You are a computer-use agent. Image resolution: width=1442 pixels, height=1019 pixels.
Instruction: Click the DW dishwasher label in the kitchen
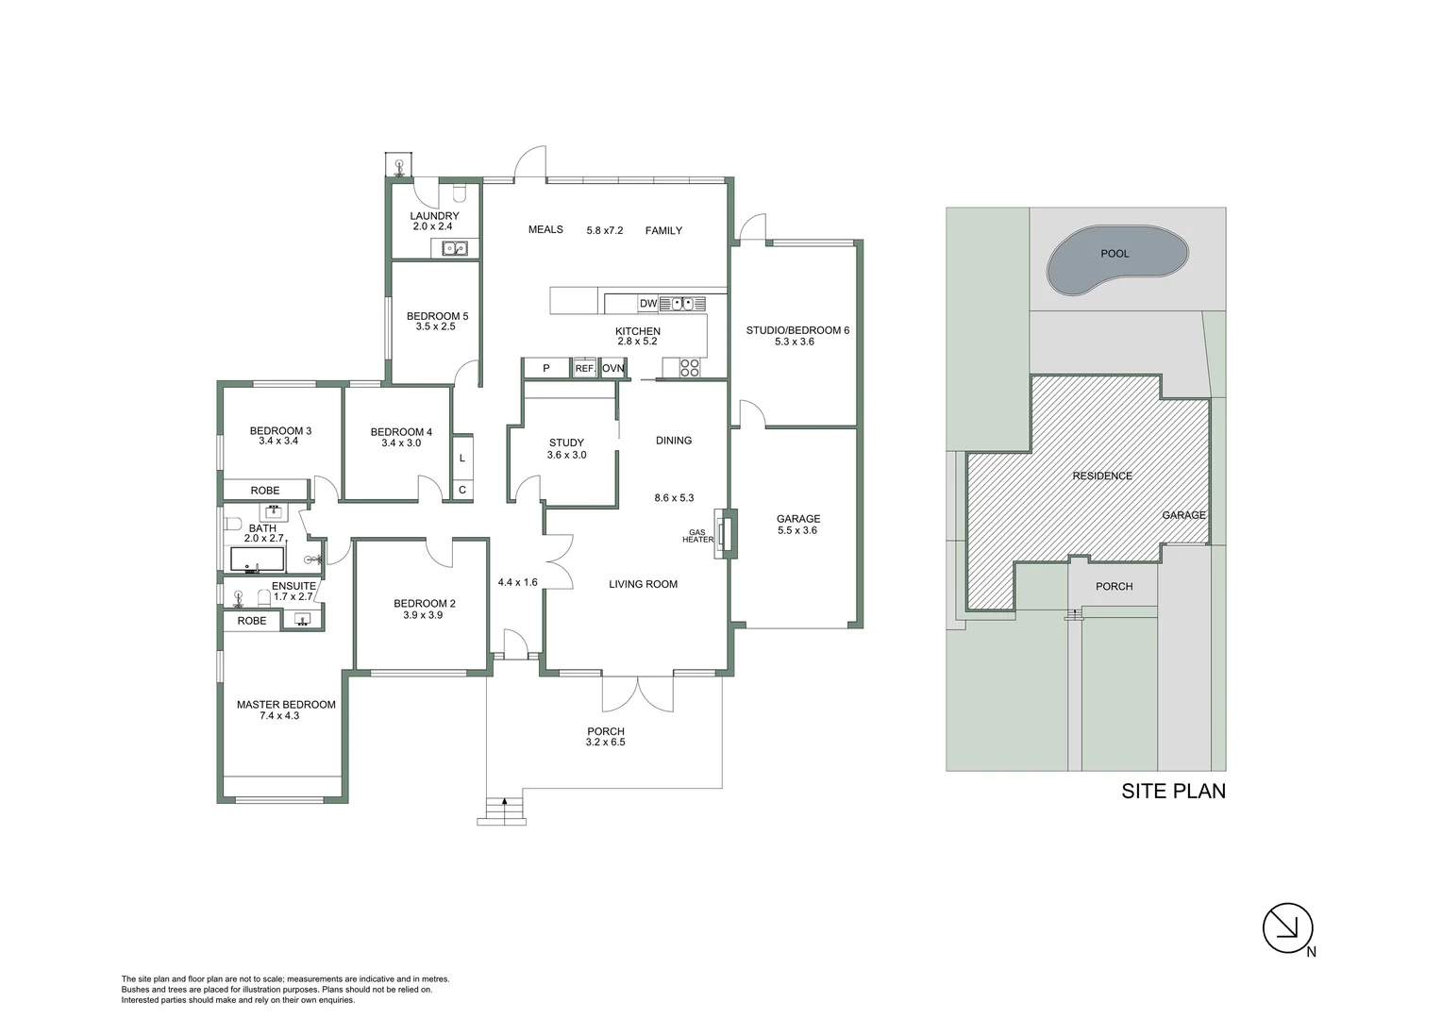(648, 303)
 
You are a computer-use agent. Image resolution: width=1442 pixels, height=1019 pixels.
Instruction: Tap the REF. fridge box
(584, 368)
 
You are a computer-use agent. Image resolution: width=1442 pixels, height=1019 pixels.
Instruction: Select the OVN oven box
(613, 368)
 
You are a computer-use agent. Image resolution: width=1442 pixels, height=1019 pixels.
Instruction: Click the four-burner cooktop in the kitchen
(689, 367)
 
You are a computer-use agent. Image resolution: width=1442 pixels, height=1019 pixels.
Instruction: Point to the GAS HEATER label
(697, 536)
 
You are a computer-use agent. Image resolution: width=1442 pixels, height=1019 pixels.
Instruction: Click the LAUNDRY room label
(434, 216)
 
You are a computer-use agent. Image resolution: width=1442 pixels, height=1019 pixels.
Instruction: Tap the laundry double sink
(456, 249)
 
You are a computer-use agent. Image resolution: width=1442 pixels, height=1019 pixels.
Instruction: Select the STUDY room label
(566, 443)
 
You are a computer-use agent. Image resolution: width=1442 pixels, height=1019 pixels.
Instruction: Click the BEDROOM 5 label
(437, 316)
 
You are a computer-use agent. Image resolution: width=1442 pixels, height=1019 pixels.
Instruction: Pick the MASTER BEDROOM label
(286, 705)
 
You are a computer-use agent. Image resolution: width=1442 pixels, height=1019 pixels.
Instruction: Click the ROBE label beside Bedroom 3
(265, 491)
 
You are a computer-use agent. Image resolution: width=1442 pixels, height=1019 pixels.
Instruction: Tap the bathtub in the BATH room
(258, 560)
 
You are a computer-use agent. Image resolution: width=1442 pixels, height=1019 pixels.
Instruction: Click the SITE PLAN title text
(1173, 792)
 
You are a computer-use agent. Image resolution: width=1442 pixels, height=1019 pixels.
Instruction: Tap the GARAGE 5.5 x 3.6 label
(797, 525)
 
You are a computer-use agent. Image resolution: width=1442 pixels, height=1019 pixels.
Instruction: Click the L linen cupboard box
(461, 459)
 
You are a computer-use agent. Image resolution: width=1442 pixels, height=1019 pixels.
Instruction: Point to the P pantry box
(545, 368)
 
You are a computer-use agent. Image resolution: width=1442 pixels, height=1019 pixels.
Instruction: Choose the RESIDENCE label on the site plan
(1101, 476)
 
